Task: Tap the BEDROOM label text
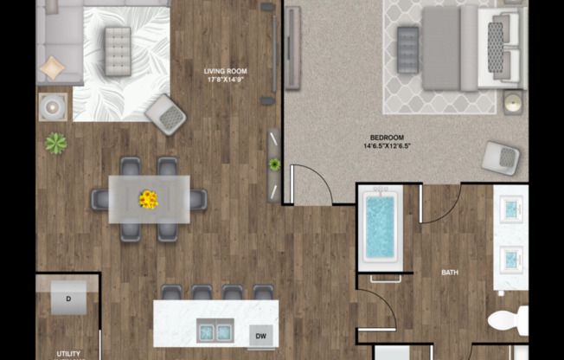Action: tap(387, 138)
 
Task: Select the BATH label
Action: tap(450, 273)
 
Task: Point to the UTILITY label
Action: tap(68, 353)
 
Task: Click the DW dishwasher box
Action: tap(260, 335)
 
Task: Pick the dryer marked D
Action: tap(67, 299)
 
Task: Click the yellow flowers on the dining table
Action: tap(149, 200)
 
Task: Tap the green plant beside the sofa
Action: tap(56, 144)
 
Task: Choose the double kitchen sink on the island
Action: tap(214, 331)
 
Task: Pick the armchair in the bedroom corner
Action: tap(501, 157)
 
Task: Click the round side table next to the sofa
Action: tap(52, 108)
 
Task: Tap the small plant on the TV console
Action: tap(275, 164)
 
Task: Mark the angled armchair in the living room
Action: tap(165, 114)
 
